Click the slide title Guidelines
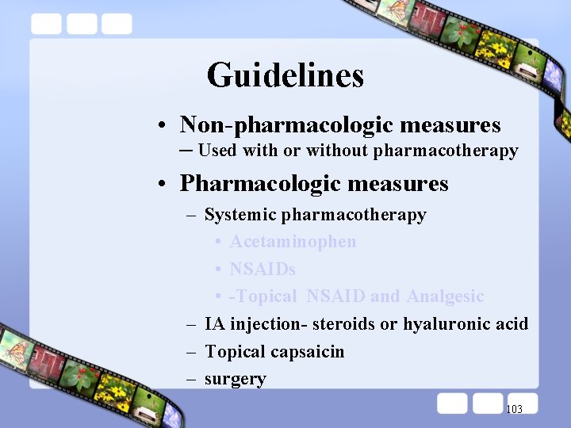285,75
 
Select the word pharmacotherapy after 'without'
446,151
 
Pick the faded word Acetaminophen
293,242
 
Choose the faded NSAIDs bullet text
263,269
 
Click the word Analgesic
445,296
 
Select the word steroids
343,324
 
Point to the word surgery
236,380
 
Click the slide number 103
514,409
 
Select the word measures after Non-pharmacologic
450,125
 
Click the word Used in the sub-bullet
217,151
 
